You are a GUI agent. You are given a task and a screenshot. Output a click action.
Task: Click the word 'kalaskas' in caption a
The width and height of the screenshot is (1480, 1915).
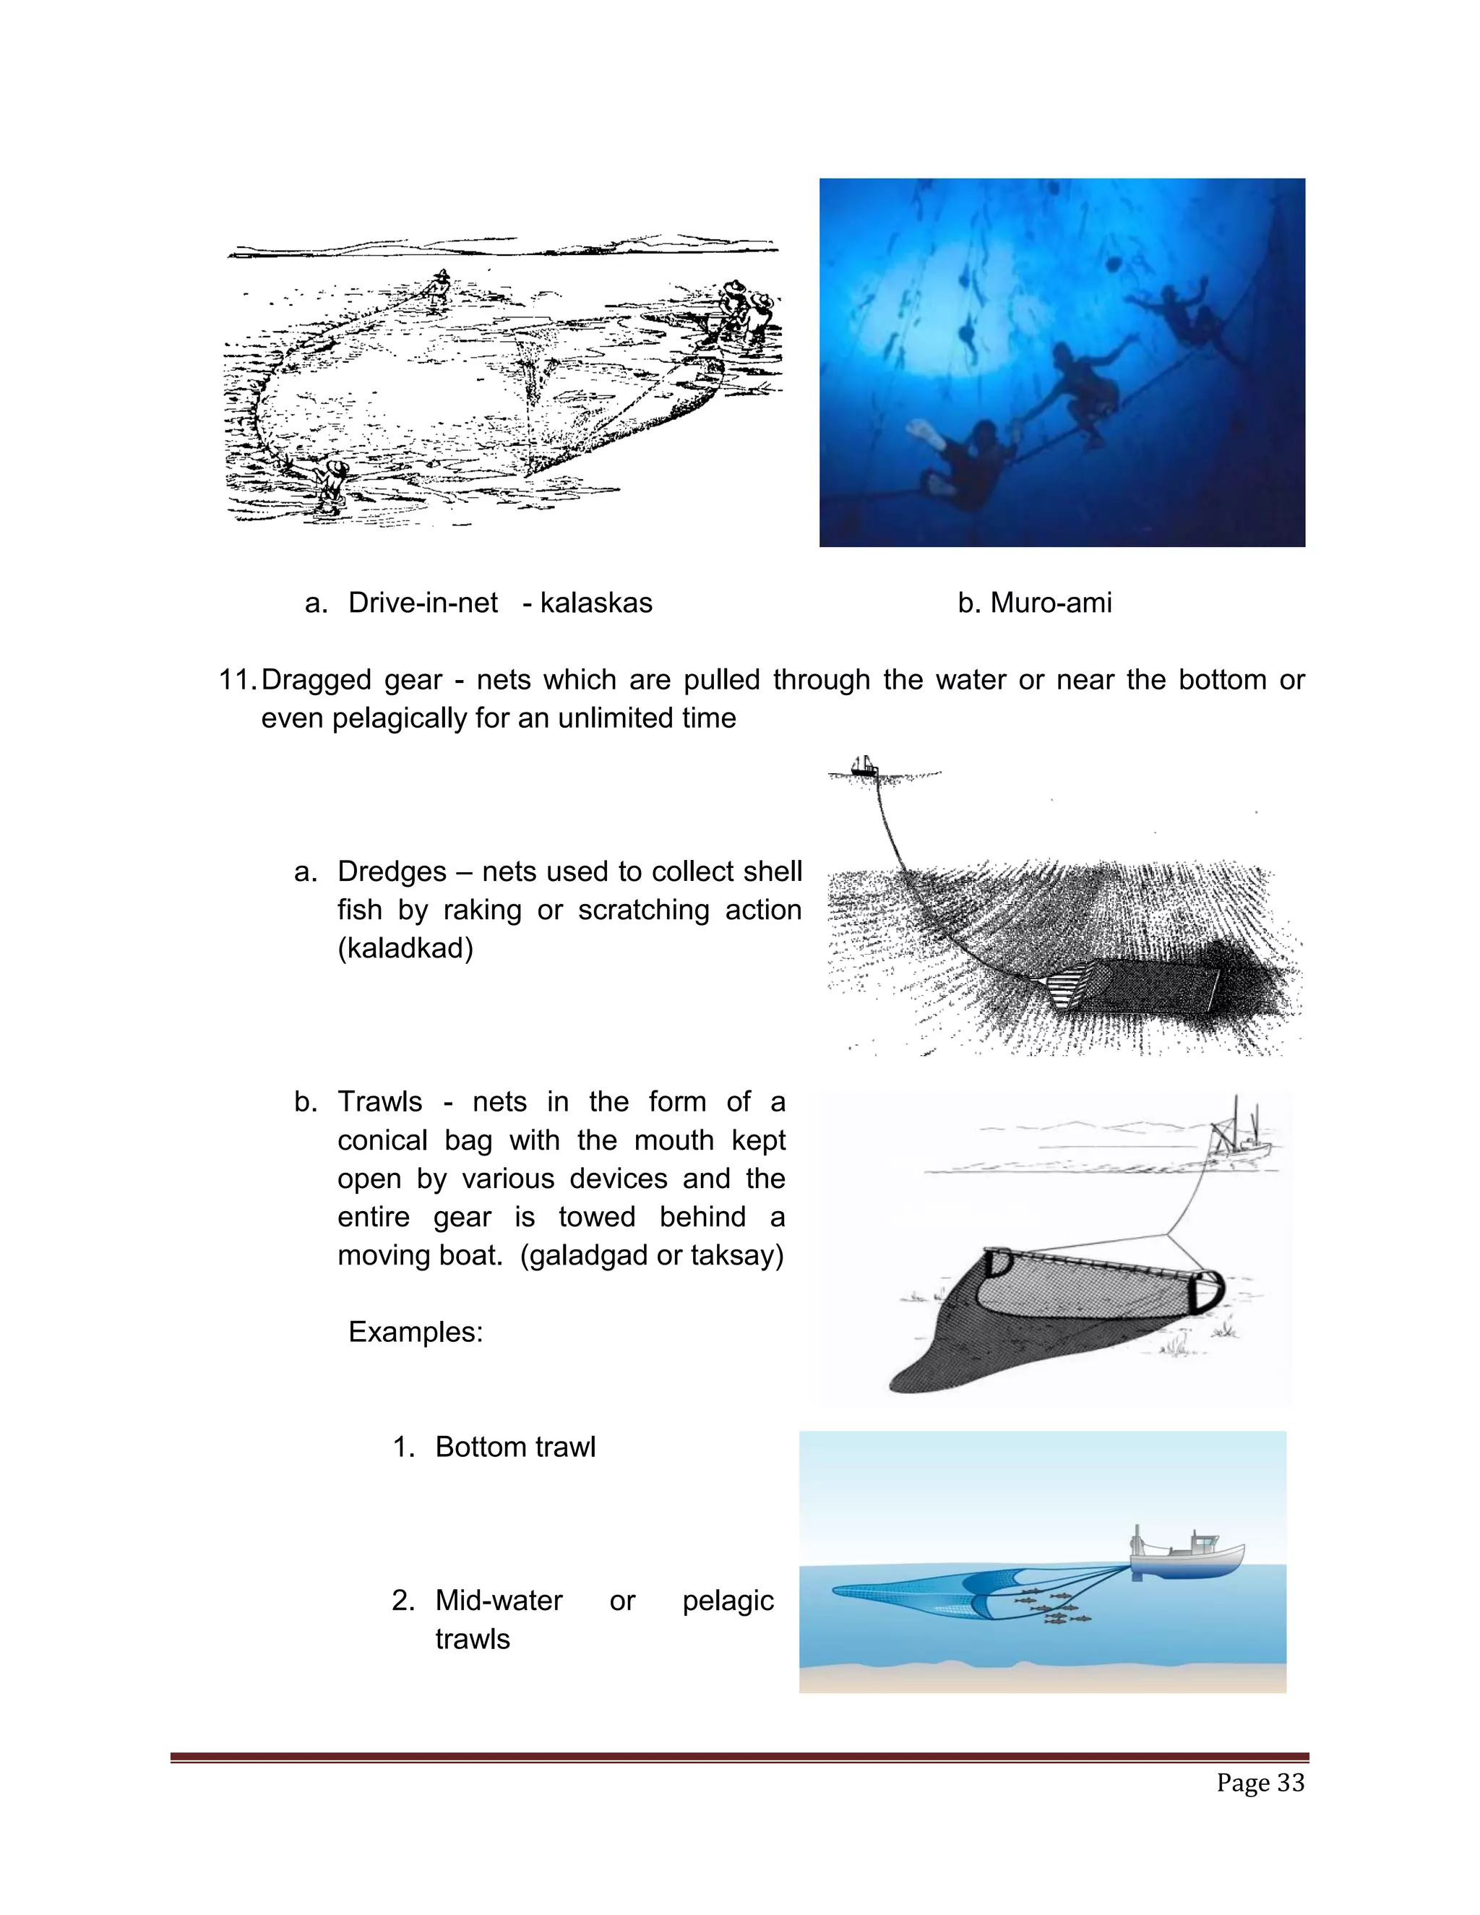coord(595,603)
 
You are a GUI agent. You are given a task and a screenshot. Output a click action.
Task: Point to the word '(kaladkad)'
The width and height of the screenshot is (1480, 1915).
coord(405,948)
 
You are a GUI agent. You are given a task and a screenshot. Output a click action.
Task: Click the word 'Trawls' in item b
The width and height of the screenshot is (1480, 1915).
coord(379,1102)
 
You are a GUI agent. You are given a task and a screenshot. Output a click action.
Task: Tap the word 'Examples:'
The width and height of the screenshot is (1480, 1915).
coord(416,1332)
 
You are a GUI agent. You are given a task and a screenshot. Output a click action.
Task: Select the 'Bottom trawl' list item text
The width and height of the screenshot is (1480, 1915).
coord(515,1447)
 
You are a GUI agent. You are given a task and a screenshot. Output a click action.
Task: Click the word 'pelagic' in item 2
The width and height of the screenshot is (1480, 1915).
coord(728,1600)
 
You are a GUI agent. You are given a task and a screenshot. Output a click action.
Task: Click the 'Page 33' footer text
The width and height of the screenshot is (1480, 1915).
coord(1260,1783)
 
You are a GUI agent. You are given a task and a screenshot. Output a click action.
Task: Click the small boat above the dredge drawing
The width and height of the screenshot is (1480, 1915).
coord(864,766)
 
